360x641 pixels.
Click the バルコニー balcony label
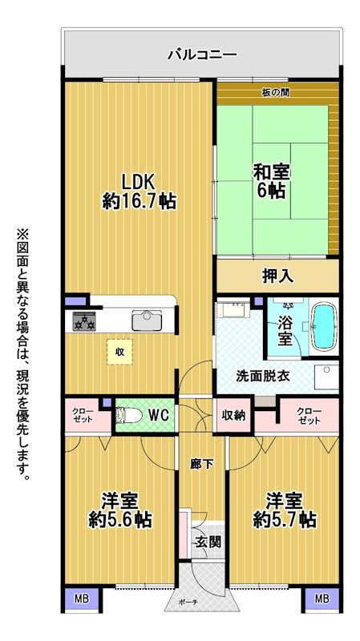point(203,54)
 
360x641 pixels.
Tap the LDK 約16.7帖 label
point(139,191)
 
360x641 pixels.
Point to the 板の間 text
point(276,93)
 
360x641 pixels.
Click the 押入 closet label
point(277,276)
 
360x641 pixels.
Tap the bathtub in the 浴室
point(324,327)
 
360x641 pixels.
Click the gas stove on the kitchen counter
point(84,321)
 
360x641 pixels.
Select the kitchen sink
point(147,320)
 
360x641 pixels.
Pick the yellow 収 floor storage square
point(119,352)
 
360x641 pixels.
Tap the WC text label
point(159,415)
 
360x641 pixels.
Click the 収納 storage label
point(233,415)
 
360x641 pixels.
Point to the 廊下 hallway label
point(202,464)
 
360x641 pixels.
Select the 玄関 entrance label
point(208,542)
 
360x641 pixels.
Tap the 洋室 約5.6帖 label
point(120,510)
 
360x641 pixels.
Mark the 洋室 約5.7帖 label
point(285,510)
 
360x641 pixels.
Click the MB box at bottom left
point(82,599)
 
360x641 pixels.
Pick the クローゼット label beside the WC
point(83,415)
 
